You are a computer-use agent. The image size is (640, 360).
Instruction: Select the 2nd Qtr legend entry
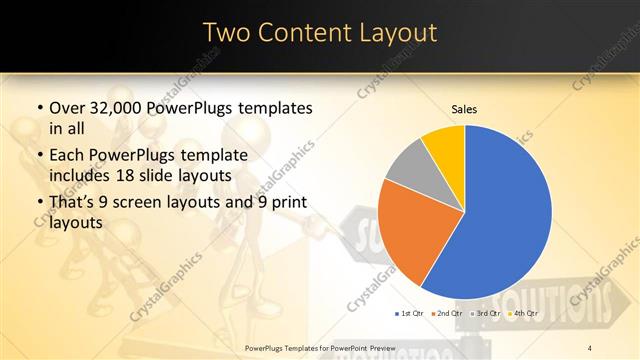point(447,314)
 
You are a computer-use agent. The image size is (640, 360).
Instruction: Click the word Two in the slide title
point(227,33)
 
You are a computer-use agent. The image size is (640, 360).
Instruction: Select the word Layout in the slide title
point(397,33)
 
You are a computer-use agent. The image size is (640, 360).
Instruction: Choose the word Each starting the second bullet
point(65,155)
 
